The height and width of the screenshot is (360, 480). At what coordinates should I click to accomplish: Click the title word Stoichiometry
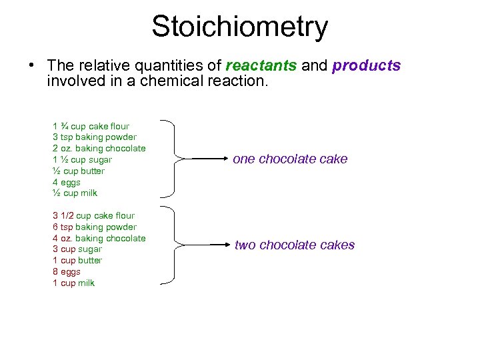click(240, 27)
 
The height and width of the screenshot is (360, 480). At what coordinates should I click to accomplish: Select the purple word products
click(366, 66)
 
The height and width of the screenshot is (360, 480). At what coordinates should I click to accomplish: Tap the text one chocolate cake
click(290, 159)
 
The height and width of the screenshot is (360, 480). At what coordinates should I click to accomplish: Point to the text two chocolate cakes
click(294, 245)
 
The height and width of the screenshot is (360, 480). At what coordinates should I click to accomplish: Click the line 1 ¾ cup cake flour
click(91, 126)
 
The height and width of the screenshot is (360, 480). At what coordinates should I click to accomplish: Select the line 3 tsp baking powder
click(95, 137)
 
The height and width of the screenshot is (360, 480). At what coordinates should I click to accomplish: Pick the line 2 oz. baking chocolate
click(99, 148)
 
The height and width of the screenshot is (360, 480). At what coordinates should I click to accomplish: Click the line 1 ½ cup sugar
click(83, 159)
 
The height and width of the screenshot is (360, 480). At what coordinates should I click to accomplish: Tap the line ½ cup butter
click(79, 171)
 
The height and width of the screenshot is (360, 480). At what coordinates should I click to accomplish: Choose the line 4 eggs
click(67, 182)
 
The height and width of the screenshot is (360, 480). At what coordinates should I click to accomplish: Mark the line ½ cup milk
click(75, 193)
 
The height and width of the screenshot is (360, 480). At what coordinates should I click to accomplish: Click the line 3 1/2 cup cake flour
click(93, 215)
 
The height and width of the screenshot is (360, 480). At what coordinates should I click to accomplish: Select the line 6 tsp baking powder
click(95, 227)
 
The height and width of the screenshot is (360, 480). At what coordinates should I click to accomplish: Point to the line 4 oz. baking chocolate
click(99, 238)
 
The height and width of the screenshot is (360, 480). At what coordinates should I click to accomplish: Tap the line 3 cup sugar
click(77, 249)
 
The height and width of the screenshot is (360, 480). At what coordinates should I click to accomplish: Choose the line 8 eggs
click(67, 271)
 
